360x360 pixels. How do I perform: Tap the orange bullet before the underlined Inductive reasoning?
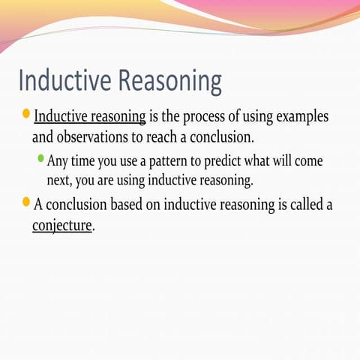click(26, 114)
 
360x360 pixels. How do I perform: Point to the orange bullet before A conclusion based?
click(26, 202)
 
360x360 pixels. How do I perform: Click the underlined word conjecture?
click(62, 226)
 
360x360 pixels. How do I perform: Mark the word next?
click(58, 181)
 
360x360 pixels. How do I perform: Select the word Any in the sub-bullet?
click(57, 161)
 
